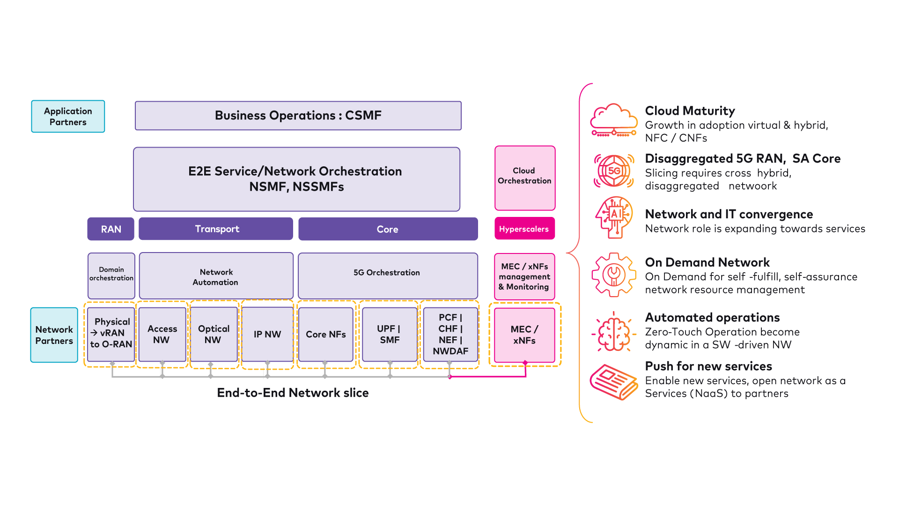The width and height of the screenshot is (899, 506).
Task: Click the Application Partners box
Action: (68, 116)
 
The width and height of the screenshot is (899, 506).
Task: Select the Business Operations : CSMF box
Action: (298, 116)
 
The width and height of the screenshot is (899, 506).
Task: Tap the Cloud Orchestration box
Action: (524, 178)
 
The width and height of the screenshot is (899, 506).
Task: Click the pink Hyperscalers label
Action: (524, 229)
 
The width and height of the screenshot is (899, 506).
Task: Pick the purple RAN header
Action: (111, 229)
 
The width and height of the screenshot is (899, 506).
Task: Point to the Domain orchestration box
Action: (111, 275)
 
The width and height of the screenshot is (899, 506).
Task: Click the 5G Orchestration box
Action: (387, 275)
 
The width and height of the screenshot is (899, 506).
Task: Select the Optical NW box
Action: (214, 335)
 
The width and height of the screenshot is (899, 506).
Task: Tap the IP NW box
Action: (267, 335)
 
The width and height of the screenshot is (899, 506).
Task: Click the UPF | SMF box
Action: (390, 335)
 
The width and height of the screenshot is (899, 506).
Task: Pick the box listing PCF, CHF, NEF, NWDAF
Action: (450, 335)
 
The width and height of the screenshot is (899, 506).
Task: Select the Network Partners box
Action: (54, 335)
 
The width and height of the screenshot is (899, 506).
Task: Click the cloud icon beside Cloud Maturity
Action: (614, 121)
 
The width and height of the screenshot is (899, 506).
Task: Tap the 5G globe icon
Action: (614, 171)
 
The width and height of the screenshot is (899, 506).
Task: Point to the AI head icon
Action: (614, 217)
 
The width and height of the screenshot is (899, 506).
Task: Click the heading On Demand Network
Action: (707, 262)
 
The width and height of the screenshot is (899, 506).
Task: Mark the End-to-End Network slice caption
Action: (293, 393)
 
